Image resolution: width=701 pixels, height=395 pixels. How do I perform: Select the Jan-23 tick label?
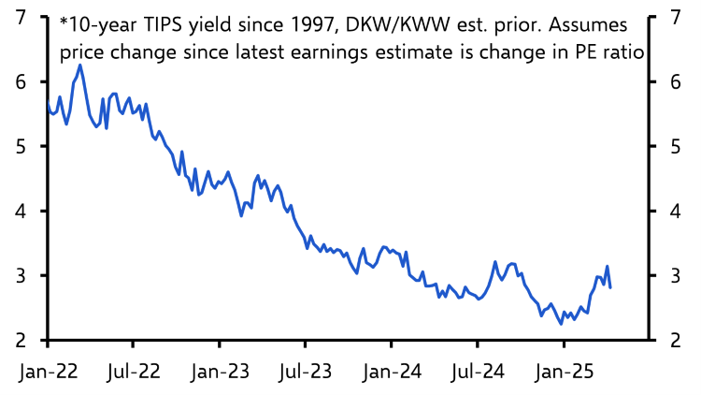pos(220,372)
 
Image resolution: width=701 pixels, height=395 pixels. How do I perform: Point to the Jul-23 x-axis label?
pos(306,372)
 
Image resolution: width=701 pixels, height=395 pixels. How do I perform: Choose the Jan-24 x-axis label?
pos(392,372)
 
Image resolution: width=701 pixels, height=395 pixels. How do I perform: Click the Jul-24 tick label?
pos(478,372)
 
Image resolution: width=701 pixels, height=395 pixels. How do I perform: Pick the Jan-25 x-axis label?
pos(564,372)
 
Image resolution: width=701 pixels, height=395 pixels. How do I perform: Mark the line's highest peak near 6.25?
pos(80,65)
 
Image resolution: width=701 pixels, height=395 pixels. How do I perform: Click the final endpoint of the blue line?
pos(610,287)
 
